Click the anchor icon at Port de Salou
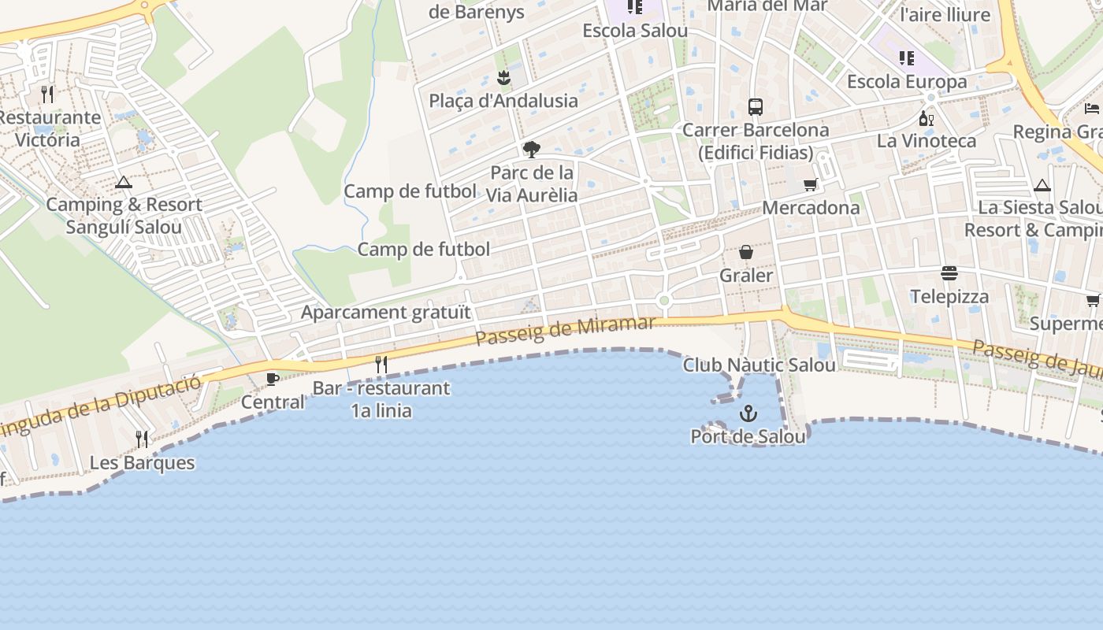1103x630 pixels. pos(748,413)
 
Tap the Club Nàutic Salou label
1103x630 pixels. pos(759,365)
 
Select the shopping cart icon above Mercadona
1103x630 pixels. pos(811,184)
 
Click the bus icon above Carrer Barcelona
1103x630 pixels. pos(756,106)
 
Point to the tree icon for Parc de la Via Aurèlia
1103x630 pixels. pos(532,149)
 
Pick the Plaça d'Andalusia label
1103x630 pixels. pos(503,101)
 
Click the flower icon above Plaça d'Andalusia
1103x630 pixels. pos(503,77)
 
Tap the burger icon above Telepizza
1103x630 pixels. pos(949,273)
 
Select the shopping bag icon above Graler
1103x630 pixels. pos(745,252)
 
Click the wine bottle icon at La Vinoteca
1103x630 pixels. pos(927,118)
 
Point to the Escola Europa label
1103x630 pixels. pos(907,82)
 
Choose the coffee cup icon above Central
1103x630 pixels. pos(273,380)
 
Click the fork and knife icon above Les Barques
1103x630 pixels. pos(142,439)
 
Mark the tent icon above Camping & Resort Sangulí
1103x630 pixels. pos(124,183)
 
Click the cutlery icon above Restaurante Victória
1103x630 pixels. pos(47,94)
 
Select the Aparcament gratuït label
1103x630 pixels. pos(386,312)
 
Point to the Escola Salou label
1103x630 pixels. pos(635,31)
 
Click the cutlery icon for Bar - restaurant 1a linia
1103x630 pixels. pos(381,364)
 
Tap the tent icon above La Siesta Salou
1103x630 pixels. pos(1042,186)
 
